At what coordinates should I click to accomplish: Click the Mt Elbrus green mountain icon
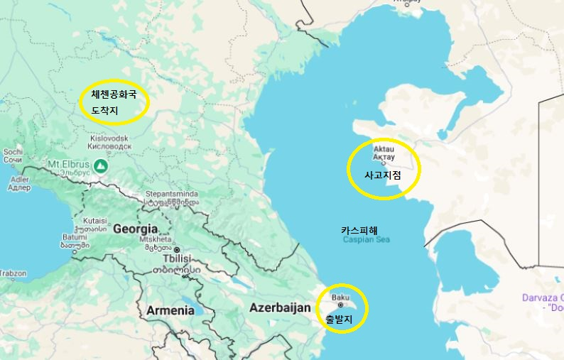[x=102, y=166]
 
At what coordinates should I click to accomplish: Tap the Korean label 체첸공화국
[x=114, y=94]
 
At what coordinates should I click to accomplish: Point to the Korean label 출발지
[x=338, y=319]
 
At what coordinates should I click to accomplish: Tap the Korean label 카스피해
[x=359, y=230]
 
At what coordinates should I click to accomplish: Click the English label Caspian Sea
[x=367, y=240]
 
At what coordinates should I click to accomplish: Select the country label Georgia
[x=135, y=229]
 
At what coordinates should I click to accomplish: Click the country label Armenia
[x=170, y=310]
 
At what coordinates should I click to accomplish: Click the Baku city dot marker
[x=340, y=305]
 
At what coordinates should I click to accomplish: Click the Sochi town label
[x=13, y=151]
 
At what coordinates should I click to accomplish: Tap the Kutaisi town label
[x=94, y=220]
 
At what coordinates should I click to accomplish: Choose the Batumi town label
[x=75, y=237]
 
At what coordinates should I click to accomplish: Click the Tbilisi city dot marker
[x=178, y=250]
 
